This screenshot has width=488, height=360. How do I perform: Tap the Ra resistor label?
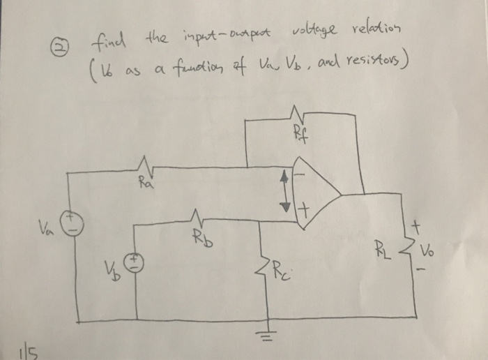point(144,185)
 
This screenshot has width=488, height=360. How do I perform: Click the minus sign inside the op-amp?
point(302,173)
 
